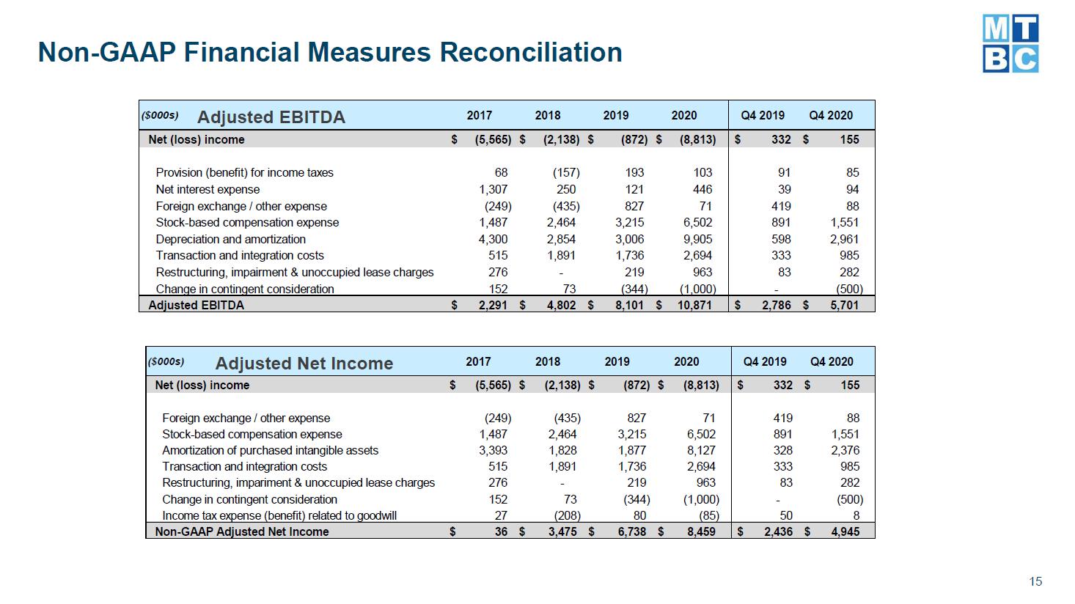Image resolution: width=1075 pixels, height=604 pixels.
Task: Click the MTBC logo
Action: click(1010, 43)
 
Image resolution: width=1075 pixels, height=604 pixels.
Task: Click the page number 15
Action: click(1035, 581)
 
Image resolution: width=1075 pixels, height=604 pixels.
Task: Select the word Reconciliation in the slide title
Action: click(531, 52)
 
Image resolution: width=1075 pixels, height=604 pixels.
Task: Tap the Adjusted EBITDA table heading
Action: click(271, 117)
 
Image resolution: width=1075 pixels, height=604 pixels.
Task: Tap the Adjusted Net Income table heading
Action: click(304, 363)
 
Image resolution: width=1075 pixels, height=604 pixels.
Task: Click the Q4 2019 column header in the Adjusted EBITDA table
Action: click(763, 116)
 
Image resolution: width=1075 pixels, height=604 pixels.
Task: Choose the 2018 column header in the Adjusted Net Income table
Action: click(548, 361)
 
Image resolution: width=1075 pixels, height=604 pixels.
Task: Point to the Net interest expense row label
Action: click(208, 190)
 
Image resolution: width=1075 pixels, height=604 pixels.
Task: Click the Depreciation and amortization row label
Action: click(231, 239)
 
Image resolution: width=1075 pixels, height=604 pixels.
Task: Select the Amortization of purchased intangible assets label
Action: click(270, 451)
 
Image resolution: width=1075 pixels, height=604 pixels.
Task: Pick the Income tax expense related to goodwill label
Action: click(279, 516)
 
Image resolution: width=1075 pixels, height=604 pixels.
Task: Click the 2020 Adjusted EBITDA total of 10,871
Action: click(694, 305)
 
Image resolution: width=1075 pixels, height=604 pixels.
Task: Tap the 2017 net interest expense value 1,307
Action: click(493, 190)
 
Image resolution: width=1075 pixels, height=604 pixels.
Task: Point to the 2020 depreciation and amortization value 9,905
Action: click(698, 239)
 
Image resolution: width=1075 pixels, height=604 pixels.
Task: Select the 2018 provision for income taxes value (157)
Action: click(566, 173)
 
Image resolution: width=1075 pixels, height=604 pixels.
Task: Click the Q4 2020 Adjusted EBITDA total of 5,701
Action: click(845, 305)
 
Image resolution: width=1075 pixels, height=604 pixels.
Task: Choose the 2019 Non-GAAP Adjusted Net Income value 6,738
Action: click(631, 531)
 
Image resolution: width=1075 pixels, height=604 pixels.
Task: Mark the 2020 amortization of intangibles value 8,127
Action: click(701, 451)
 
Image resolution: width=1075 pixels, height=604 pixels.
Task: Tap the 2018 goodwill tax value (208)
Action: click(568, 516)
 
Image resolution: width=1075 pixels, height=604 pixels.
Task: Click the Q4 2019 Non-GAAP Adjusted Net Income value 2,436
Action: click(779, 531)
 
